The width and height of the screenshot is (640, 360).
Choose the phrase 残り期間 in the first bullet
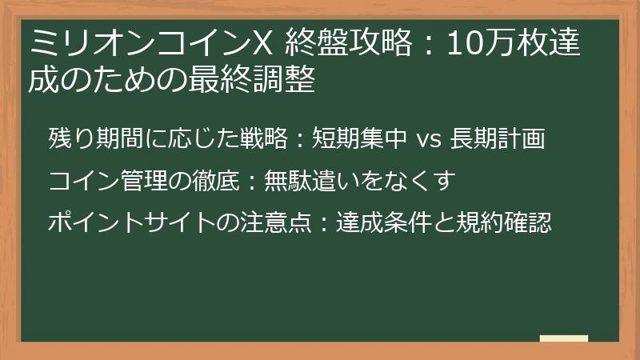pyautogui.click(x=90, y=140)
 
